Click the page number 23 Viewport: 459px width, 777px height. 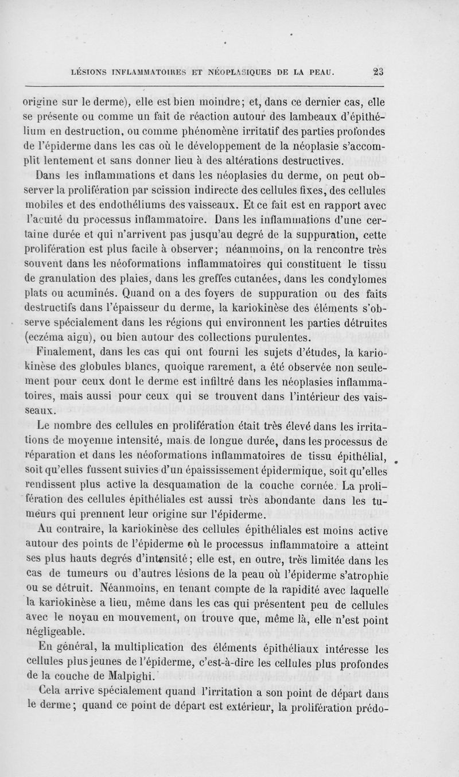(377, 72)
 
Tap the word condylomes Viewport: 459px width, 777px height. (351, 279)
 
